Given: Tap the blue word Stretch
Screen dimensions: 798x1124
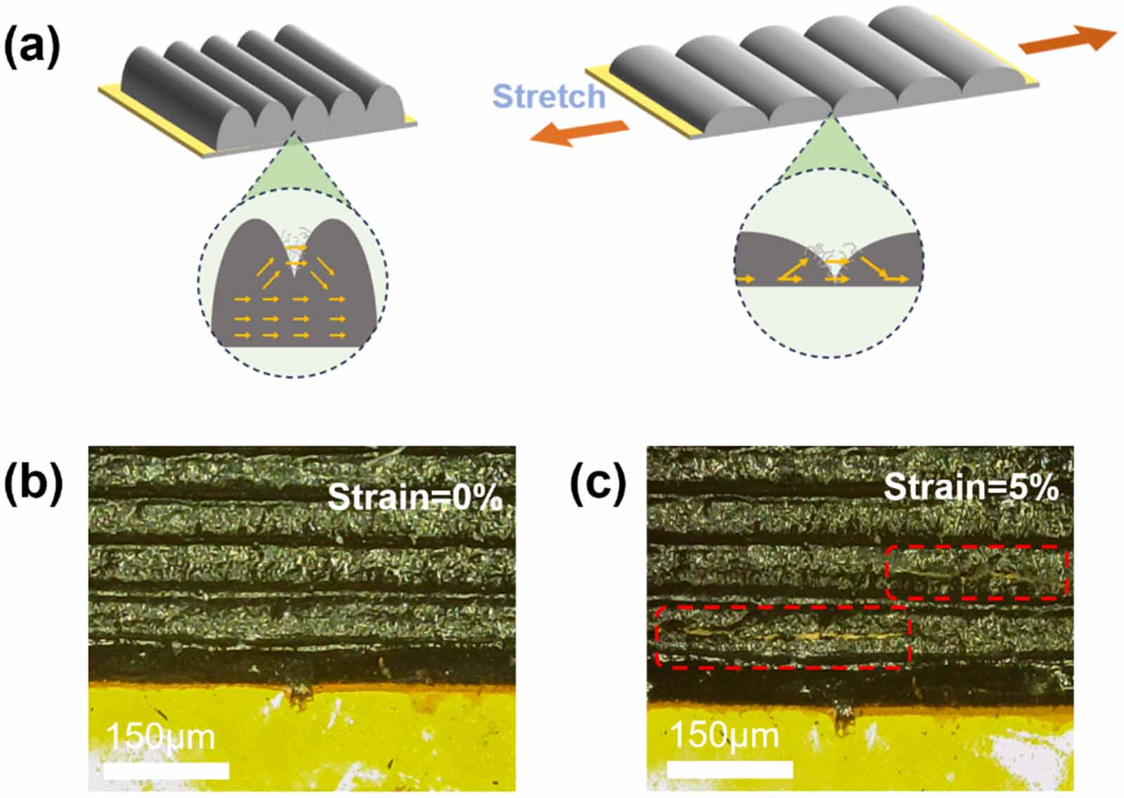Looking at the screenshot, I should tap(549, 96).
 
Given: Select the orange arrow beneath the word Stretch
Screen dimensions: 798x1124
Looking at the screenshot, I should tap(579, 132).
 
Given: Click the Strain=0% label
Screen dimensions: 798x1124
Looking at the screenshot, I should tap(414, 497).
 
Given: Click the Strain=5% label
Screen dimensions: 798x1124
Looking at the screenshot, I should tap(970, 487).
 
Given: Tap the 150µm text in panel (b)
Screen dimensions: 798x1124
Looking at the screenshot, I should tap(160, 737).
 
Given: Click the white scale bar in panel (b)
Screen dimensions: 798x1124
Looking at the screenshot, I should tap(166, 771).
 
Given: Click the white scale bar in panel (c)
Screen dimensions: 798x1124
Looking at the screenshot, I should tap(730, 770).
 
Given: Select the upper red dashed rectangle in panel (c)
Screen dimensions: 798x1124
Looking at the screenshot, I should tap(976, 573).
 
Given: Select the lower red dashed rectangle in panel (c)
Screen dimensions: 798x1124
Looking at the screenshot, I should tap(783, 636).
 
